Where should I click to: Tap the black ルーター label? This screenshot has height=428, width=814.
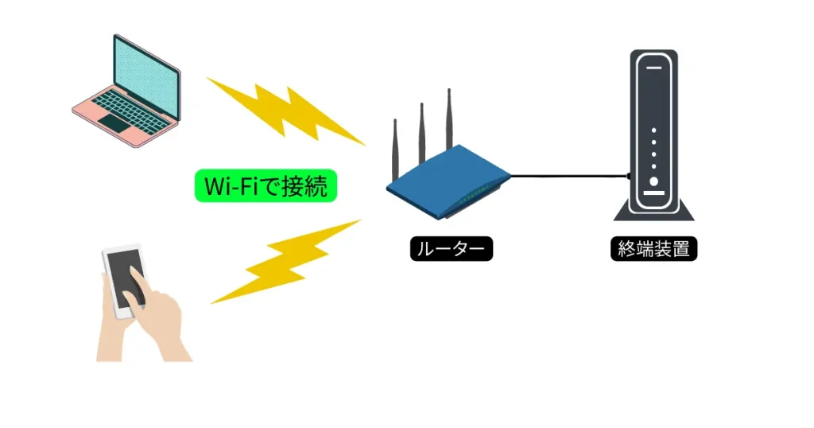(452, 249)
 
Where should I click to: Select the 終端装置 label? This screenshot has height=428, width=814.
(654, 249)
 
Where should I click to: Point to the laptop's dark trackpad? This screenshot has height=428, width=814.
(118, 123)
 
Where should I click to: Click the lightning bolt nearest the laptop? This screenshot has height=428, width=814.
(286, 111)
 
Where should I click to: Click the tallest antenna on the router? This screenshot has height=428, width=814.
(449, 119)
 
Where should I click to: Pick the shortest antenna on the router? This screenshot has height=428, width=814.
(394, 151)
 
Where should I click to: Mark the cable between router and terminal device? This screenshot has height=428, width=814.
(568, 175)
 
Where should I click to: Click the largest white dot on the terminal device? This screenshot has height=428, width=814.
(654, 181)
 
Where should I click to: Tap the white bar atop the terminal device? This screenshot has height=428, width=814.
(654, 68)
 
